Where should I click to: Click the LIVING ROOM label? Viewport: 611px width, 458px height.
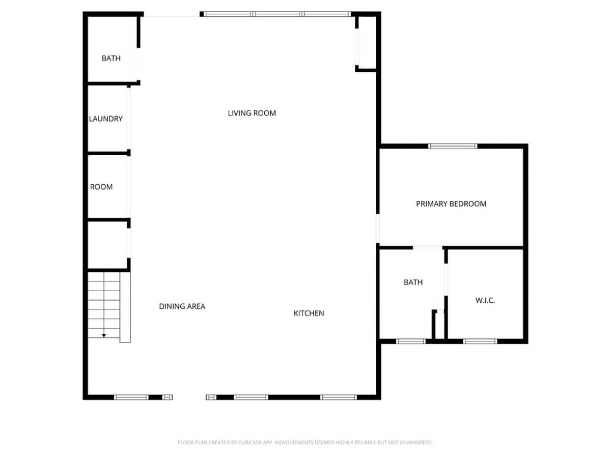point(252,113)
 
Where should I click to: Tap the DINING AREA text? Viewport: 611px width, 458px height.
point(182,306)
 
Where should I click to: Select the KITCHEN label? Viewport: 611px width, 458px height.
point(309,313)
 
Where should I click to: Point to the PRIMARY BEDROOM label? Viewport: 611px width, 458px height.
point(451,204)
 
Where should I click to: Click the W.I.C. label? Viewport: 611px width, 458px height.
point(485,300)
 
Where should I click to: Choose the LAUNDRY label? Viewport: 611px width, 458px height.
point(106,119)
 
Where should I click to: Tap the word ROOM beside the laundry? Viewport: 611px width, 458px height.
point(101,187)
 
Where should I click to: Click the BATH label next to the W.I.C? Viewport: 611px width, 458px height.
point(413,282)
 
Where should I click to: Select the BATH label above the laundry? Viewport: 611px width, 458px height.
point(111,58)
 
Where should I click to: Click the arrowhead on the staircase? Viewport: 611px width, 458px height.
point(104,336)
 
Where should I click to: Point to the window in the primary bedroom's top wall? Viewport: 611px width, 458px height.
point(452,146)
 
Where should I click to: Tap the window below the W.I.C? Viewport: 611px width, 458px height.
point(480,341)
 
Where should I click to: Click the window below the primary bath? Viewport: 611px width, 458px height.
point(411,341)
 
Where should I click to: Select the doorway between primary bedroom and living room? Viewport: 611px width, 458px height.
point(378,228)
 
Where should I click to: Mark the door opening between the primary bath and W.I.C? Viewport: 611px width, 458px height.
point(446,279)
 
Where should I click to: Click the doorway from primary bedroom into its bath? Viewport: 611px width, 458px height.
point(427,247)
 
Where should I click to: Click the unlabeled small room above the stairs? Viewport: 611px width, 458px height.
point(108,245)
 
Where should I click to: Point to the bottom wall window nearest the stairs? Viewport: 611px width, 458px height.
point(131,397)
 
